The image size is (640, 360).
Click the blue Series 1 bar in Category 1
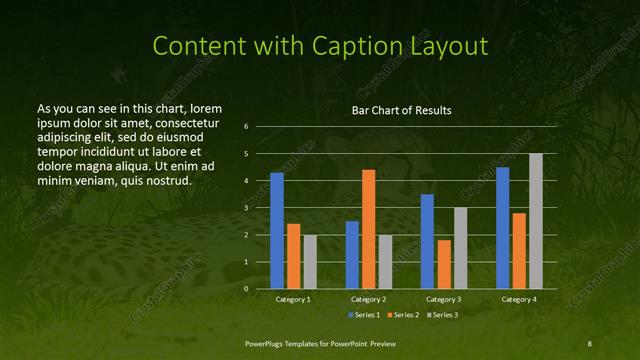277,231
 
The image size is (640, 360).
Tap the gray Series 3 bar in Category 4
535,221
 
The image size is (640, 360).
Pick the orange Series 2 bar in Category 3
443,264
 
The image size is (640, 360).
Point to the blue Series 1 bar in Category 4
502,228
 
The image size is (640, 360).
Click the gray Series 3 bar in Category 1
310,262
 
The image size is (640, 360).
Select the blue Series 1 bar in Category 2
352,255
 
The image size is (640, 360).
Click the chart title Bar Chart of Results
401,110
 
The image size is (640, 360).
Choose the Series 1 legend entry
364,315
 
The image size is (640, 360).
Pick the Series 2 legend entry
402,315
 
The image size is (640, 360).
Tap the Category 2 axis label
368,299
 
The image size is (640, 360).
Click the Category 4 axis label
518,299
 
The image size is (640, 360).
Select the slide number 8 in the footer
590,343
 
